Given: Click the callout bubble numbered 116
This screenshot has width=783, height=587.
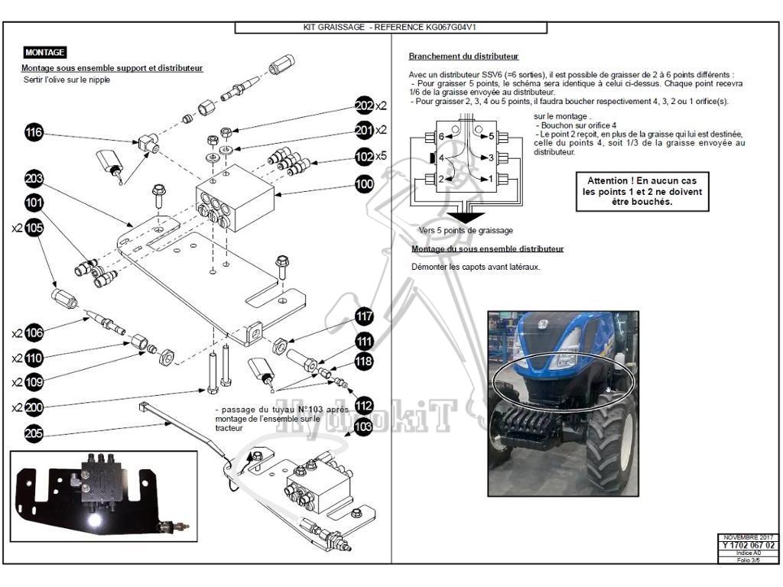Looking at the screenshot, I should pyautogui.click(x=34, y=133).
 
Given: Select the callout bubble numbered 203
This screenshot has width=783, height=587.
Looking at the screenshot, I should pyautogui.click(x=34, y=179).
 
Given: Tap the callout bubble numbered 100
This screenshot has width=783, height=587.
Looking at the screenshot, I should pyautogui.click(x=364, y=184).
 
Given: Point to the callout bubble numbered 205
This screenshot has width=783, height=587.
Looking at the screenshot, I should pyautogui.click(x=34, y=433).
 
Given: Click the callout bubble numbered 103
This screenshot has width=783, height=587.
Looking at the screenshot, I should pyautogui.click(x=364, y=426).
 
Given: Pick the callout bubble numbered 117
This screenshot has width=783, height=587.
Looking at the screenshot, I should pyautogui.click(x=364, y=316).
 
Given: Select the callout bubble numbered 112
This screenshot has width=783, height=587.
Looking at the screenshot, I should pyautogui.click(x=364, y=406).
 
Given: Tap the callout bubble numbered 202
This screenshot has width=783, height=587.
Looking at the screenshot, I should pyautogui.click(x=364, y=105).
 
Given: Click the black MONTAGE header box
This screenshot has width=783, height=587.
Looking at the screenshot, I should pyautogui.click(x=44, y=53).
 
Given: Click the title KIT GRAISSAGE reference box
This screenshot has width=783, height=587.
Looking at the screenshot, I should pyautogui.click(x=391, y=28).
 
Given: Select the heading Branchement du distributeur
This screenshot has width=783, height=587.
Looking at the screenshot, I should pyautogui.click(x=463, y=57).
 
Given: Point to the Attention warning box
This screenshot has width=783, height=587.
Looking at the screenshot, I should pyautogui.click(x=642, y=191).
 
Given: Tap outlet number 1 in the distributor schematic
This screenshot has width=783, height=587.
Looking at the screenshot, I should pyautogui.click(x=490, y=179).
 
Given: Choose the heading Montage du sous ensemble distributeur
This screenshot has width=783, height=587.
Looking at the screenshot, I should pyautogui.click(x=487, y=249).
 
